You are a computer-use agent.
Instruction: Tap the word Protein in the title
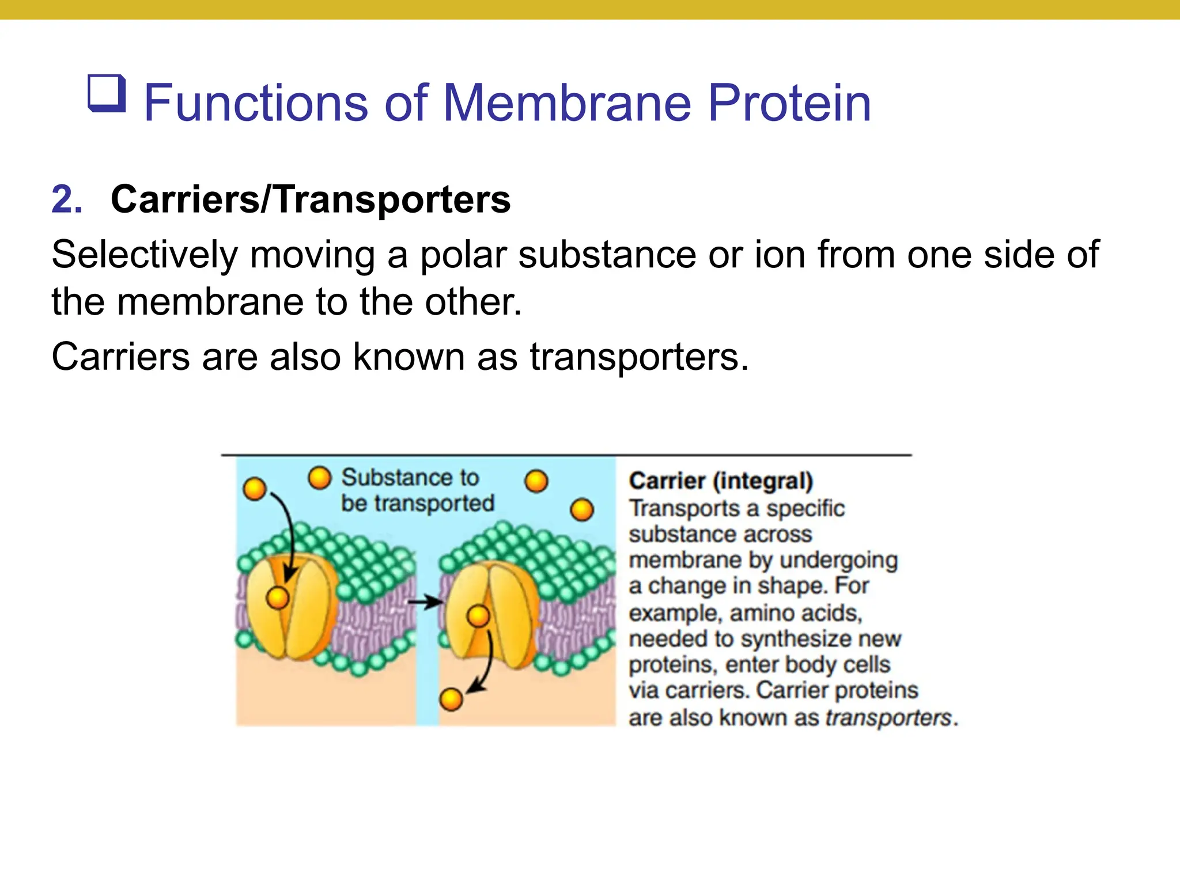[789, 103]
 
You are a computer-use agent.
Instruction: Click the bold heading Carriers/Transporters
[311, 199]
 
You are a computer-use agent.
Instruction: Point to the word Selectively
[144, 255]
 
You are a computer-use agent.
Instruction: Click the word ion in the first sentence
[780, 255]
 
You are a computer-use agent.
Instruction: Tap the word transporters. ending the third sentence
[639, 357]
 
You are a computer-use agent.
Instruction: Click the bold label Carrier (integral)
[721, 481]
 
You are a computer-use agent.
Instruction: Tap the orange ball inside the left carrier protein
[278, 598]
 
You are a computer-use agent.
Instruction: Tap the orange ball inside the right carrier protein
[478, 617]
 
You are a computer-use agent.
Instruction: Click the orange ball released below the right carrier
[451, 699]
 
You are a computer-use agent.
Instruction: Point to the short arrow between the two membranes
[425, 603]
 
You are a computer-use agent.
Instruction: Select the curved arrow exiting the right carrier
[485, 663]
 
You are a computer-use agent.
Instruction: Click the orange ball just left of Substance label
[320, 478]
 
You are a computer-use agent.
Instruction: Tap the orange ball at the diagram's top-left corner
[254, 489]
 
